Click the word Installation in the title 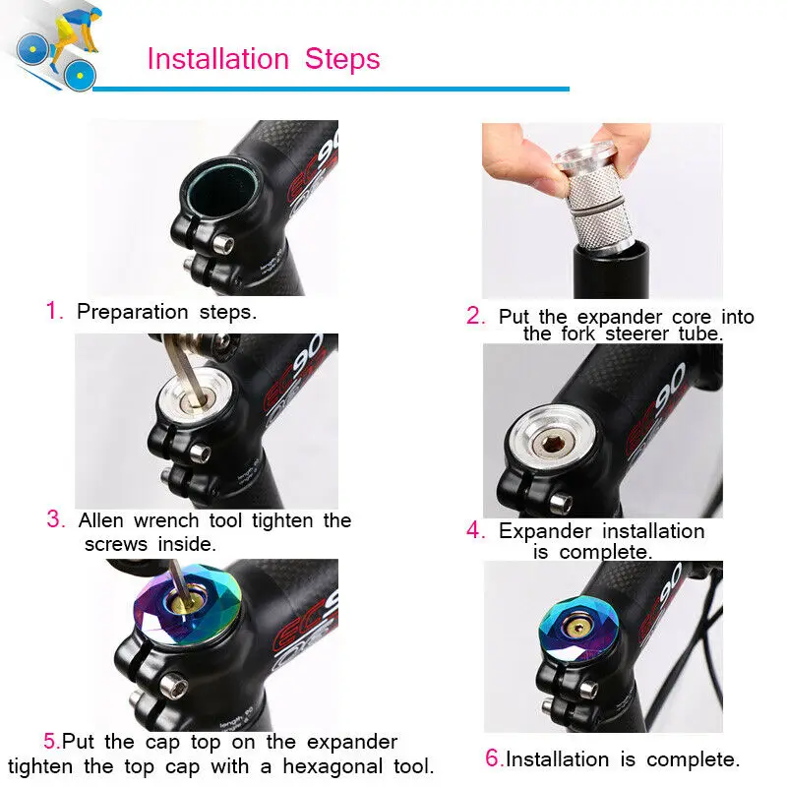point(218,59)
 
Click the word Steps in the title point(342,59)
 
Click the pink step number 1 point(54,310)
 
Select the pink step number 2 point(475,316)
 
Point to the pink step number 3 point(56,519)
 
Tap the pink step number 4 point(475,530)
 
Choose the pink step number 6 point(494,758)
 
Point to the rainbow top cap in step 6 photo point(578,630)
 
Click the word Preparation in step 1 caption point(132,312)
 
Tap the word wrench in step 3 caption point(166,520)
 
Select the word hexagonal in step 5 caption point(332,766)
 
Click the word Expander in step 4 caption point(545,531)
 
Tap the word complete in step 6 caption point(694,759)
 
